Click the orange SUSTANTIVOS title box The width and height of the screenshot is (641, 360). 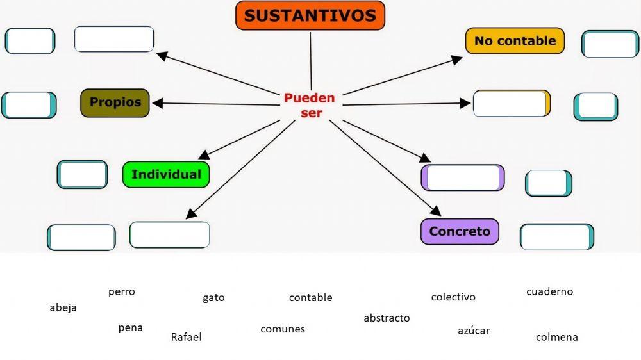(310, 16)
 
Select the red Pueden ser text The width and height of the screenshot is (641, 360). (310, 105)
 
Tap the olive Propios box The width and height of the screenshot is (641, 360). (115, 102)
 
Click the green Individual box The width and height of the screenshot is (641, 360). (166, 174)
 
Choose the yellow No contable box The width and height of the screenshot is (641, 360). (515, 41)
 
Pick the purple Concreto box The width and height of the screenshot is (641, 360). (460, 232)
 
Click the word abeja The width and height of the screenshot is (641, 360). (63, 307)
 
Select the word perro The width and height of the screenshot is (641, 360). (122, 292)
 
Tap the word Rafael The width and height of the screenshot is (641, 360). (186, 337)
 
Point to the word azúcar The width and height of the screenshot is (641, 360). (474, 331)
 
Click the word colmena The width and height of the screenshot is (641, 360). (556, 337)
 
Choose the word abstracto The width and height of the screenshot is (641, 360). (387, 318)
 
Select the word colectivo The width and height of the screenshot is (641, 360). (453, 297)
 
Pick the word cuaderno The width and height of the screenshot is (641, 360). (549, 292)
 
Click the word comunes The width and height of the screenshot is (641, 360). (283, 329)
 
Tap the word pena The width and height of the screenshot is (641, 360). (131, 328)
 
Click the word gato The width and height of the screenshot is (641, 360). (213, 298)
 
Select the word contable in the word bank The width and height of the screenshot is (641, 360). (310, 298)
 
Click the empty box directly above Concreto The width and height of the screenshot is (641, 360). (463, 178)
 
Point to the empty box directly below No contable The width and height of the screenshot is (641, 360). (512, 104)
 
